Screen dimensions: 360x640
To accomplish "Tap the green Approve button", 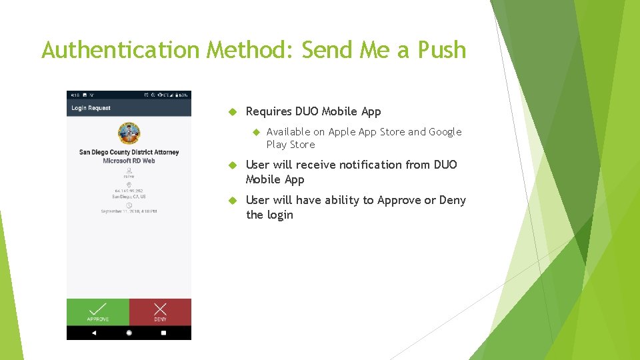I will point(97,312).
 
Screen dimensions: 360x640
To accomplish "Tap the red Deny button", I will point(160,312).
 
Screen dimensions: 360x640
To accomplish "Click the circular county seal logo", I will point(129,133).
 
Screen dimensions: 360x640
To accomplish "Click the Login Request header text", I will point(91,108).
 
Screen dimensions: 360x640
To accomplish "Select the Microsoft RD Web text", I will point(129,161).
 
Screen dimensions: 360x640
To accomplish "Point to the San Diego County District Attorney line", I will point(129,152).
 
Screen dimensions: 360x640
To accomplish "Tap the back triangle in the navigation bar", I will point(93,333).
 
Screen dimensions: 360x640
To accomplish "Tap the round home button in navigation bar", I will point(129,333).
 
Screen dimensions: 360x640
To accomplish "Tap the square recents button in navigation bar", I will point(163,333).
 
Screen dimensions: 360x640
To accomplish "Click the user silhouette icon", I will point(129,171).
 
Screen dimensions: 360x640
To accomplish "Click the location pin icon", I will point(129,185).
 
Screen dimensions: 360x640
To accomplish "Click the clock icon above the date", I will point(129,205).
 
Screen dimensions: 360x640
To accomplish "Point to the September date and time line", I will point(129,211).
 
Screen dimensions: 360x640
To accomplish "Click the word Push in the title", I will point(441,50).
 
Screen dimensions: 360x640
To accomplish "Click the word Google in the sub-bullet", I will point(445,132).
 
